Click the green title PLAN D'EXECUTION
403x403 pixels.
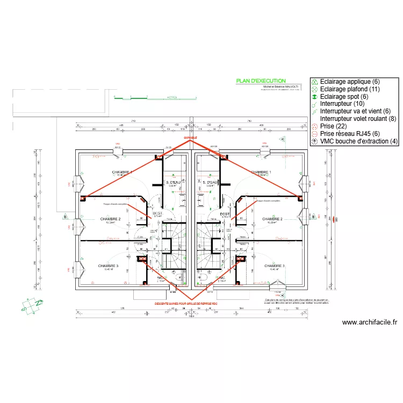(261, 81)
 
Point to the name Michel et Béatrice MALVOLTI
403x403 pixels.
(280, 87)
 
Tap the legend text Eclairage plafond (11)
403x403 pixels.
(350, 89)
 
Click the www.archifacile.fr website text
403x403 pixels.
(369, 323)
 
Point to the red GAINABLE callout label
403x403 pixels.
(190, 138)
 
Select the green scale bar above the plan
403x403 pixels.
(156, 98)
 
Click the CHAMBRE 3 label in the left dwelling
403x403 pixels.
(108, 266)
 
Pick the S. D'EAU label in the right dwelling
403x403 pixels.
(210, 183)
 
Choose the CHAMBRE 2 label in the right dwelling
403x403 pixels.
(274, 219)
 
